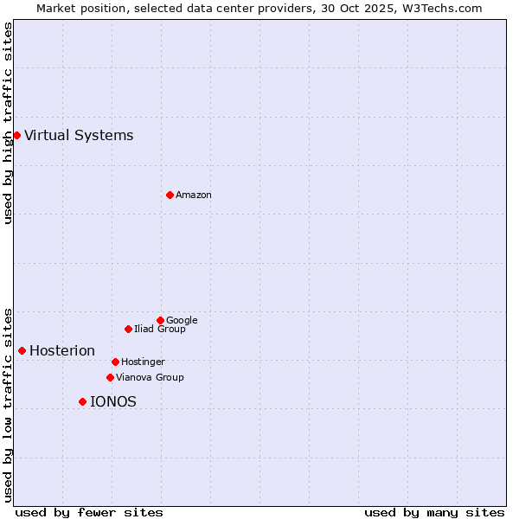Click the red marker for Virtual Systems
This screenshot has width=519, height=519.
(16, 135)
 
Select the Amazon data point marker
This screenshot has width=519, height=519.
(170, 195)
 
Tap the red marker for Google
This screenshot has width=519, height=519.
(160, 320)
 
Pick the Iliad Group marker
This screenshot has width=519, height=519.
(128, 329)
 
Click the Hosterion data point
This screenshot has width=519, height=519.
(22, 350)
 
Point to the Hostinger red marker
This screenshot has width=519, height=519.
(115, 362)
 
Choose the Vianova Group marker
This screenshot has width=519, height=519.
(110, 377)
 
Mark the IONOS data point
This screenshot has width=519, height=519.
(82, 401)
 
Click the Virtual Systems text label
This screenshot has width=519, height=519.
(79, 135)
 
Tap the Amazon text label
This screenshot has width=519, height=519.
(194, 195)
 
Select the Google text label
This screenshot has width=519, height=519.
(182, 320)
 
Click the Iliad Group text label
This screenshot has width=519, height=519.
(160, 329)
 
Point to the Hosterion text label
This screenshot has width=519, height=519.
(62, 350)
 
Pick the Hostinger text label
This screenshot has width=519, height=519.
(143, 362)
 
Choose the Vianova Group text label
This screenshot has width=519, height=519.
(150, 377)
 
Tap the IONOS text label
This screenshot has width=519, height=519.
(113, 401)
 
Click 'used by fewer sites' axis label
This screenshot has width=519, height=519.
(89, 512)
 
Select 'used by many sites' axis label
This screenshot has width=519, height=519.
(434, 512)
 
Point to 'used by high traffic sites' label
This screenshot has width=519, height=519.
(9, 123)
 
